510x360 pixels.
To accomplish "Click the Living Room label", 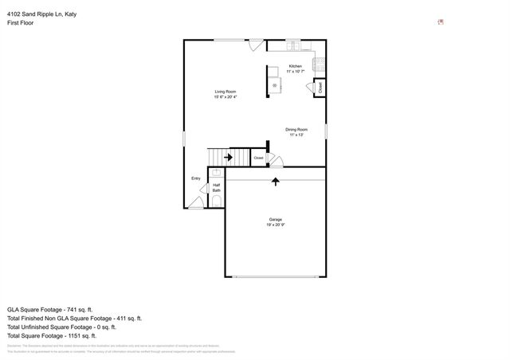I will (x=226, y=92).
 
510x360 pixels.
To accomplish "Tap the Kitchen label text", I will (x=295, y=66).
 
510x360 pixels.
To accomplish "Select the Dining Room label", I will (x=296, y=129).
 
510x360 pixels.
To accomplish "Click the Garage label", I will (x=275, y=219).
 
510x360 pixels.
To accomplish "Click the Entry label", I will (x=196, y=178).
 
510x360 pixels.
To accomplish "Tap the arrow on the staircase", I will (x=229, y=158).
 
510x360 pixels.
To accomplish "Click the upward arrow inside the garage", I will (x=276, y=182).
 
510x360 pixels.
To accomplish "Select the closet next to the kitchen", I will (x=320, y=88).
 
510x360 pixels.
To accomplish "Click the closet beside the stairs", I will (x=259, y=158).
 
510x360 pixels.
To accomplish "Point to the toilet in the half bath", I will (x=216, y=203).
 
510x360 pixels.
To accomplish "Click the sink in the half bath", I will (x=216, y=172).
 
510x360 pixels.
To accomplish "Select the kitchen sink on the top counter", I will (x=293, y=43).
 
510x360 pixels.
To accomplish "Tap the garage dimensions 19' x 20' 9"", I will (x=275, y=225).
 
